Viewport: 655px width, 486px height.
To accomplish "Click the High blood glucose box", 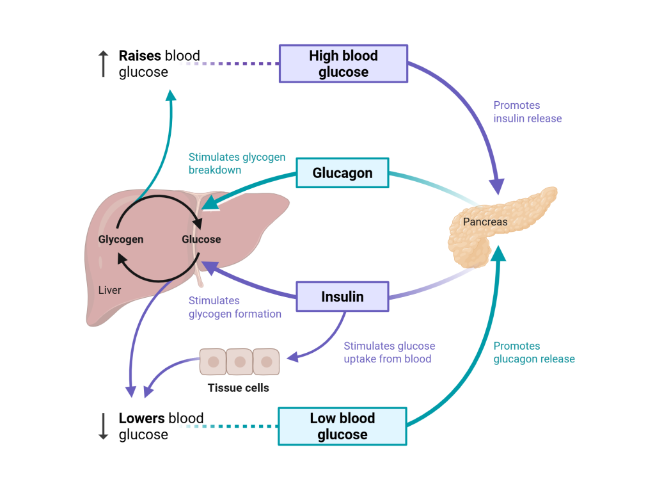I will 343,63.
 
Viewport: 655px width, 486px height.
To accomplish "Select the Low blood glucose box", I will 342,426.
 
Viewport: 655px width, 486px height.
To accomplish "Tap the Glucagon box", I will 342,173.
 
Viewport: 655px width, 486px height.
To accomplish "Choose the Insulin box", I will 342,297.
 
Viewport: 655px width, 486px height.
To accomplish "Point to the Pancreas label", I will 485,222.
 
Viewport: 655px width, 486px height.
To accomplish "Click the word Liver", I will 109,290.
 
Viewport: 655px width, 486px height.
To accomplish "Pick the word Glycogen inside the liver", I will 121,239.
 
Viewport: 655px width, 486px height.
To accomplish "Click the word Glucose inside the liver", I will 201,239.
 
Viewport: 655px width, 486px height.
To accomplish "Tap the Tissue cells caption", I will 239,387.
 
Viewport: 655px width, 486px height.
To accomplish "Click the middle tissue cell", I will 240,362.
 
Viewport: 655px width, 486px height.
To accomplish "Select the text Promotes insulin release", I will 527,112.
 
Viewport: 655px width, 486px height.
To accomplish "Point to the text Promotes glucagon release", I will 534,352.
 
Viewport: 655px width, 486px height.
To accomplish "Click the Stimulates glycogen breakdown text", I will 237,163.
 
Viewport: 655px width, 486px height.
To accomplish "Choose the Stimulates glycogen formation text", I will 235,307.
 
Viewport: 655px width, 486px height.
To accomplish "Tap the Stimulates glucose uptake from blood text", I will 389,352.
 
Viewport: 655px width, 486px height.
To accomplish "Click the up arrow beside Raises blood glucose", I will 103,64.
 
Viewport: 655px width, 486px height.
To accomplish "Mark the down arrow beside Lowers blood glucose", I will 103,426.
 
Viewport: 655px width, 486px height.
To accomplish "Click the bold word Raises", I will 140,56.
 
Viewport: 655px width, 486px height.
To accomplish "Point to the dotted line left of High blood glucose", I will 230,63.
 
